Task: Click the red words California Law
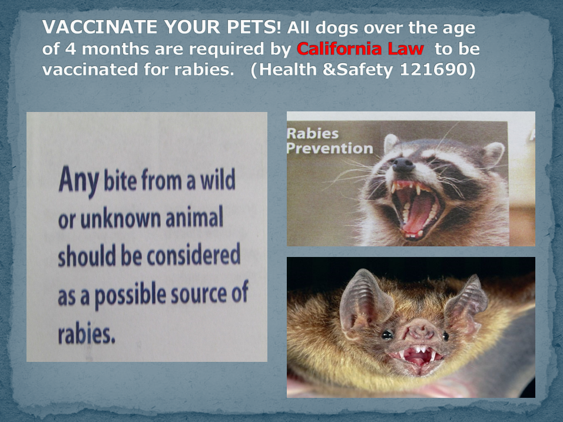point(360,49)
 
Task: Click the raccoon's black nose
point(403,165)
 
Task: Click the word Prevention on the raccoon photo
point(330,148)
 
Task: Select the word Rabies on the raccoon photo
point(313,134)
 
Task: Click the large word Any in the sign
point(79,180)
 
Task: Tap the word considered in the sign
point(194,255)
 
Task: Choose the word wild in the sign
point(217,179)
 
